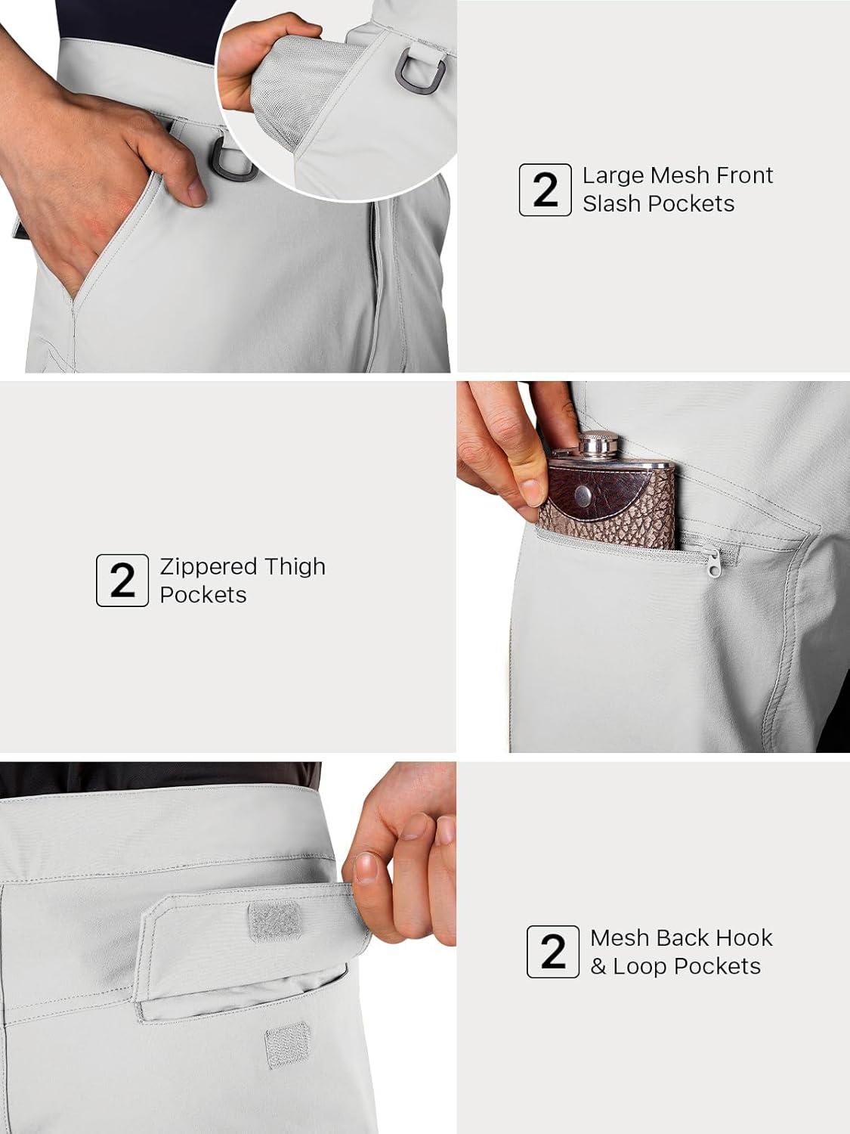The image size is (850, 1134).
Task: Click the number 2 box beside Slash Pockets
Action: [x=545, y=190]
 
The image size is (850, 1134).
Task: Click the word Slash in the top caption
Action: [x=612, y=203]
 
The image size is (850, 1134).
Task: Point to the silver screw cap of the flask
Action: [x=600, y=444]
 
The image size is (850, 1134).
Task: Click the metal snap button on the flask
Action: [x=584, y=495]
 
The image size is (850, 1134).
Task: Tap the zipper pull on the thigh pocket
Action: [x=714, y=562]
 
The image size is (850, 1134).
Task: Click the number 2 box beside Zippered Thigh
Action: [x=122, y=580]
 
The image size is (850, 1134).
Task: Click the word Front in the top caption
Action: [x=745, y=175]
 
